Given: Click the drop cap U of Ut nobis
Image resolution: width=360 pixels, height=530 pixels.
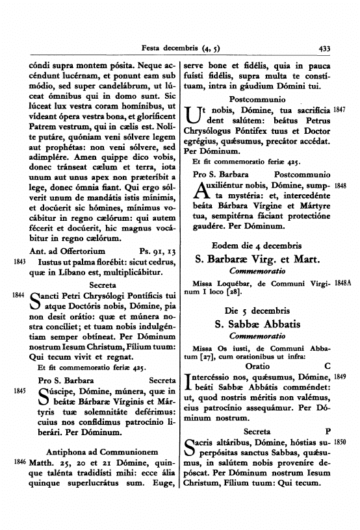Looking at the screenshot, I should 194,117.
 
